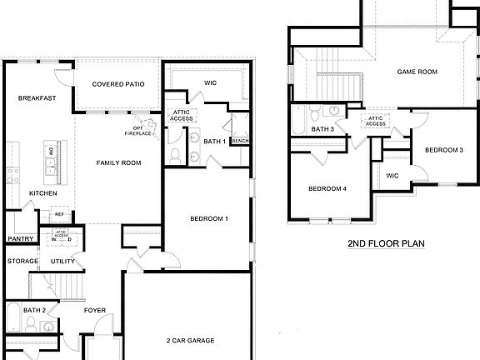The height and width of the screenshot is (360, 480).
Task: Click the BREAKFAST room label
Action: tap(37, 98)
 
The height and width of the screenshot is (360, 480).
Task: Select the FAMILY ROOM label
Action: tap(117, 162)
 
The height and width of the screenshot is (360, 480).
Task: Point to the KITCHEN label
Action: tap(43, 193)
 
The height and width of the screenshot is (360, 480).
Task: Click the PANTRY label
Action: tap(19, 239)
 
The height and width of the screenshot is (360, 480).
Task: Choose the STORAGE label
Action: tap(22, 262)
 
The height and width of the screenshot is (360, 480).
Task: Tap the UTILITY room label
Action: tap(64, 262)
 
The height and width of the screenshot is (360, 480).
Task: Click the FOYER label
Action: tap(95, 311)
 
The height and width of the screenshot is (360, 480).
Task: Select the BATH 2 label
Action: tap(34, 311)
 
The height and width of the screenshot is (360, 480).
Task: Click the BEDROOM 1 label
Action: tap(209, 218)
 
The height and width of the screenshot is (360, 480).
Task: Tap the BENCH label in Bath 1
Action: tap(241, 141)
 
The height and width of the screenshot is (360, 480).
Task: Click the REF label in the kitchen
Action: tap(60, 214)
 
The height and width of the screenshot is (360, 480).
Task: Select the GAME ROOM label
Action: tap(417, 72)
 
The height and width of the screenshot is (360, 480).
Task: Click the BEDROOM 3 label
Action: tap(443, 150)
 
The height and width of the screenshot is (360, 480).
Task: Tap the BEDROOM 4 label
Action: tap(327, 188)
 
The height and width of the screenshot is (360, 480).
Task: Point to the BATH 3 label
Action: tap(322, 129)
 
